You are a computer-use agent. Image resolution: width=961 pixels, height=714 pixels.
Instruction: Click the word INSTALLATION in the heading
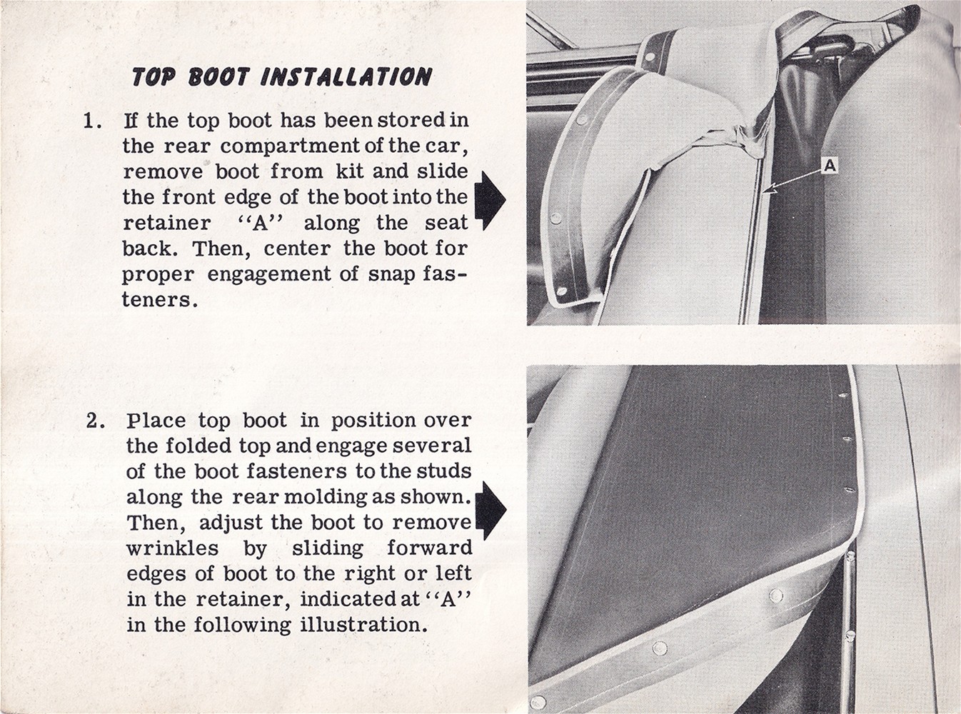[346, 77]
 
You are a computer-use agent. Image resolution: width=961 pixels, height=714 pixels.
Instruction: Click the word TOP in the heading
[154, 77]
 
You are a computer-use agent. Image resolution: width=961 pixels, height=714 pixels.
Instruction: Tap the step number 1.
[92, 121]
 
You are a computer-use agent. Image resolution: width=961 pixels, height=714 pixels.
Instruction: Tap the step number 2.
[96, 421]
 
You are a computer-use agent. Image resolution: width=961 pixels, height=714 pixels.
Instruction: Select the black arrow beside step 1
[490, 200]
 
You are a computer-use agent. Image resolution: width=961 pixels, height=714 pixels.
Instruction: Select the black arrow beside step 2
[491, 511]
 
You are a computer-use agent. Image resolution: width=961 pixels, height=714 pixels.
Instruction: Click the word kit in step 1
[349, 171]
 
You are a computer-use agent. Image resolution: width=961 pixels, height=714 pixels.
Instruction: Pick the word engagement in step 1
[268, 276]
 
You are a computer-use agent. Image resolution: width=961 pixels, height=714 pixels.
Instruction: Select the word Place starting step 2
[156, 421]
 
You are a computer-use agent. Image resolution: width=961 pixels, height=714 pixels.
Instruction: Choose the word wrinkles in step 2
[173, 548]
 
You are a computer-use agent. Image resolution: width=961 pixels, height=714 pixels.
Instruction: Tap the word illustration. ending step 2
[361, 625]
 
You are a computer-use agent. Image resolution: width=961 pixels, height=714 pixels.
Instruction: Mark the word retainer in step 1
[167, 223]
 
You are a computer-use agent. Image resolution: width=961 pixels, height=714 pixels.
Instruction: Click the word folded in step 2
[198, 446]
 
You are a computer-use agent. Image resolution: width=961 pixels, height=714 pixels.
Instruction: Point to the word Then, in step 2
[156, 523]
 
